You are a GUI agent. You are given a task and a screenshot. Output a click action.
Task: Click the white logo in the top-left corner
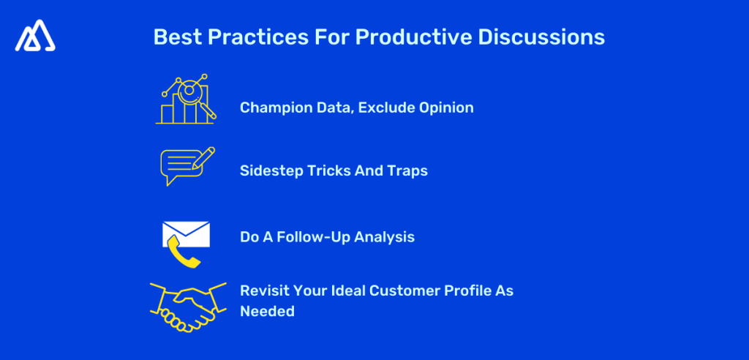click(35, 36)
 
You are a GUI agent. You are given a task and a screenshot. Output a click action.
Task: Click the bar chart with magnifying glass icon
click(186, 99)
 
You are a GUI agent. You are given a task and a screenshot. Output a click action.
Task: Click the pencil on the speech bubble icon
click(203, 157)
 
